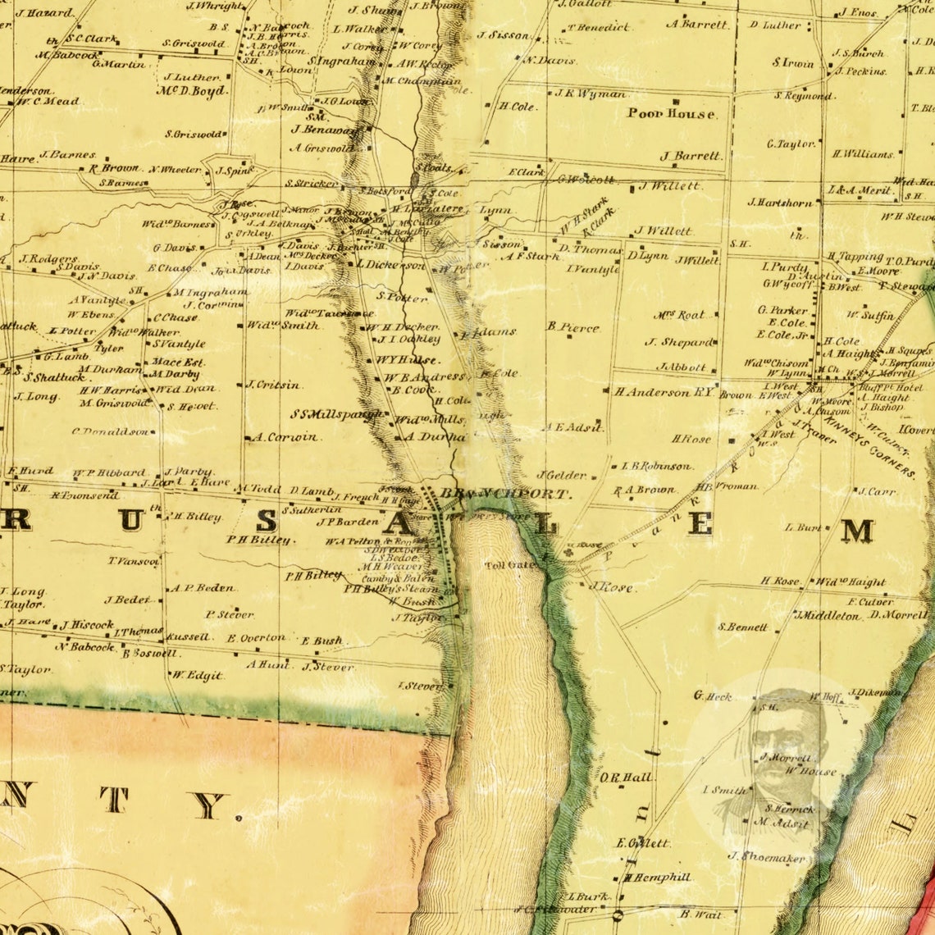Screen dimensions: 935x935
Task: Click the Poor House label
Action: point(671,114)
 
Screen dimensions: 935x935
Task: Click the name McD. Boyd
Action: point(193,91)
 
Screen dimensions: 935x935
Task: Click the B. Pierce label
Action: point(573,327)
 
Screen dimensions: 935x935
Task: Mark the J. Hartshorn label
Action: point(780,202)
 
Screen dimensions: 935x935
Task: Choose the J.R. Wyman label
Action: point(590,93)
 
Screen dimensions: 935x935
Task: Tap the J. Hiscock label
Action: point(86,624)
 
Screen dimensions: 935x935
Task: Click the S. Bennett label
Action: point(743,627)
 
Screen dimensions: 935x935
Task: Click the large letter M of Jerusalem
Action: point(858,531)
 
